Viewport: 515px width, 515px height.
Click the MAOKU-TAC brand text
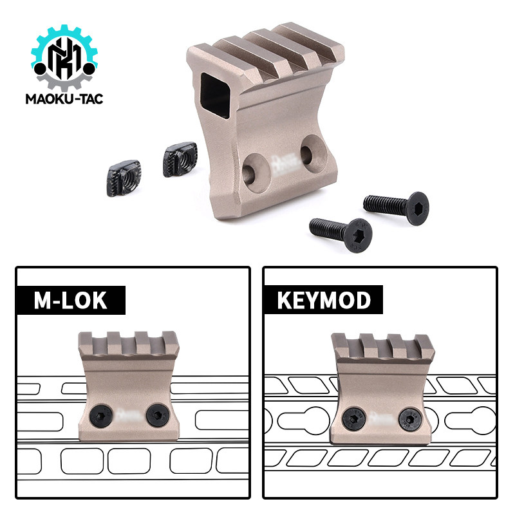coord(64,99)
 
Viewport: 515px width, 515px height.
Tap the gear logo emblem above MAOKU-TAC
coord(64,57)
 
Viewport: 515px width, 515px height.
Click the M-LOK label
coord(71,300)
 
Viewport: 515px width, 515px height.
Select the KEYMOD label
coord(324,300)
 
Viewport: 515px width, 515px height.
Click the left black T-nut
coord(124,178)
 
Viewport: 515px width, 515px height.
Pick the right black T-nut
coord(180,159)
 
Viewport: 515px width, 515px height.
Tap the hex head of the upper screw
coord(417,209)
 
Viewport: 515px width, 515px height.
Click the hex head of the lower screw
coord(359,235)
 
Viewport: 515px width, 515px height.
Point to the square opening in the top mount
coord(215,95)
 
